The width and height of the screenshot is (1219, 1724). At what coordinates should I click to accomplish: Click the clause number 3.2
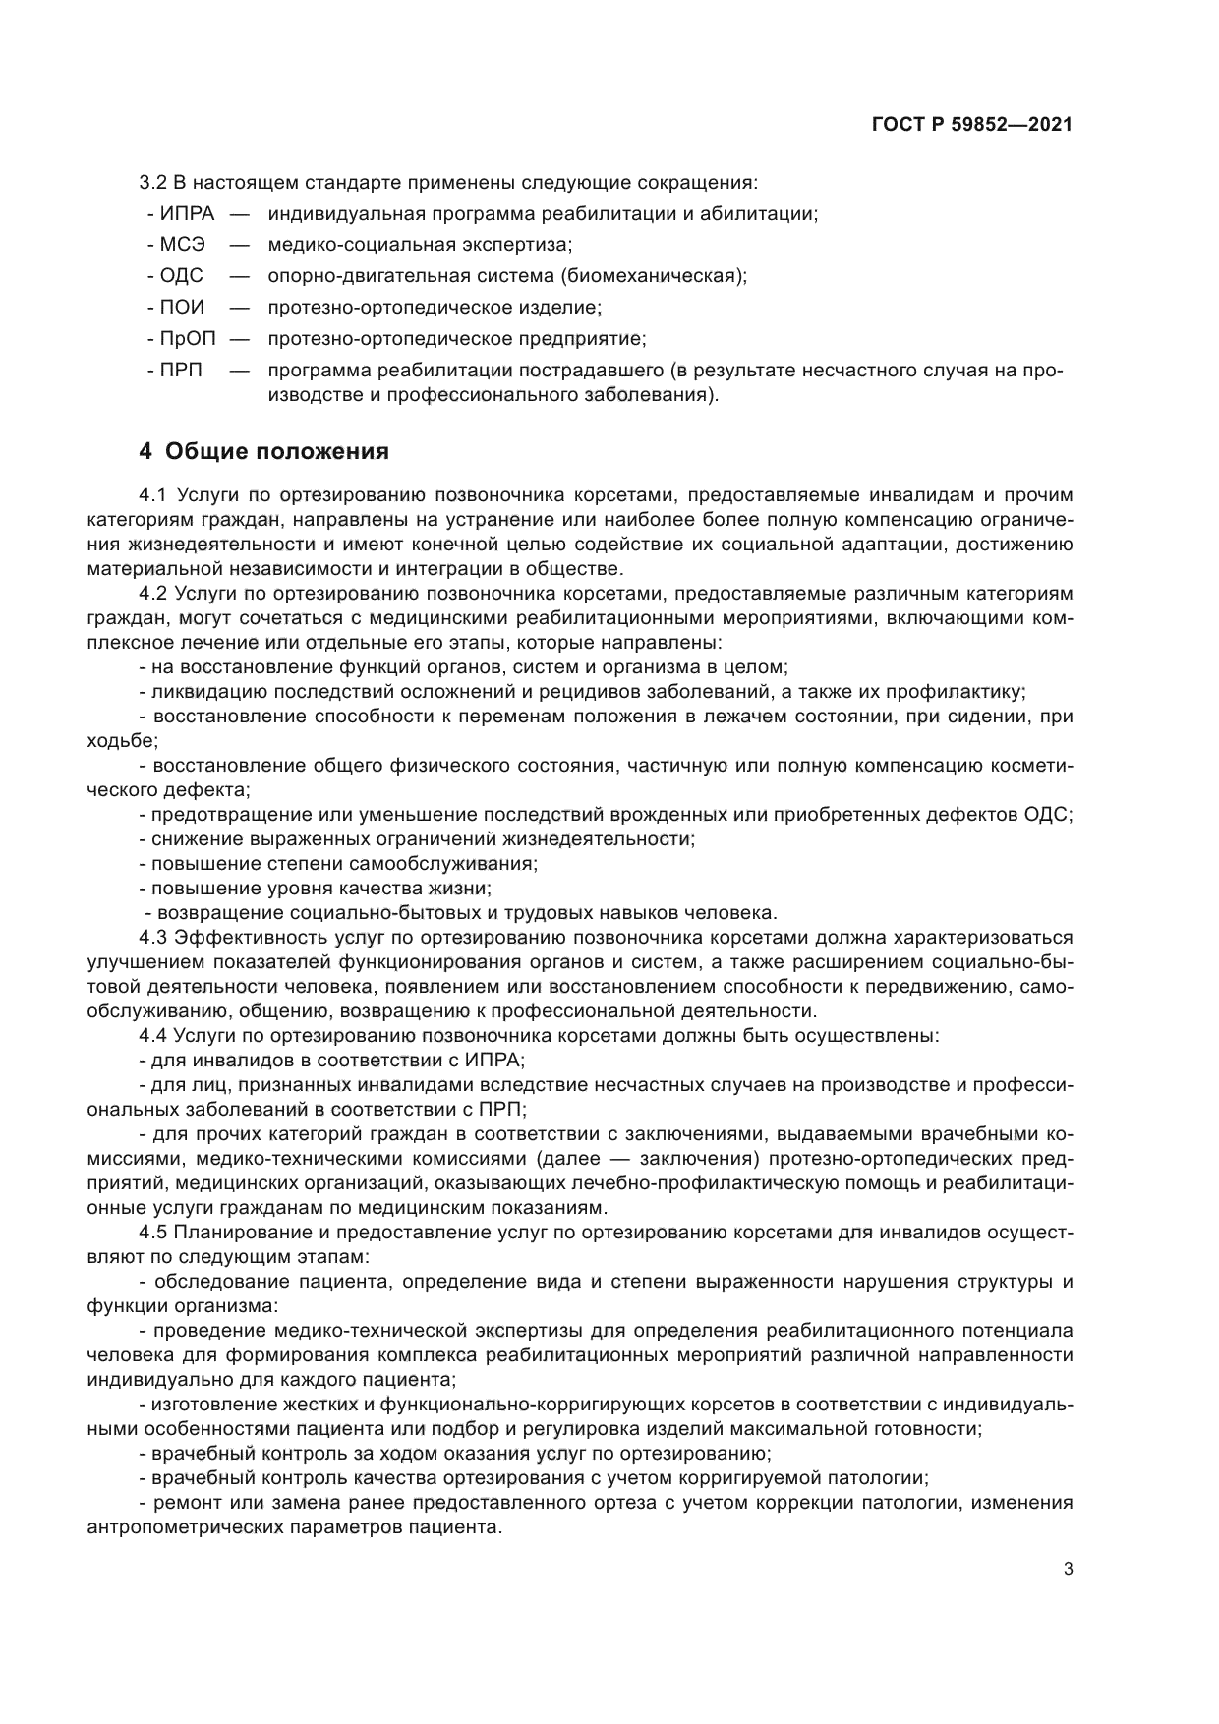[153, 182]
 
